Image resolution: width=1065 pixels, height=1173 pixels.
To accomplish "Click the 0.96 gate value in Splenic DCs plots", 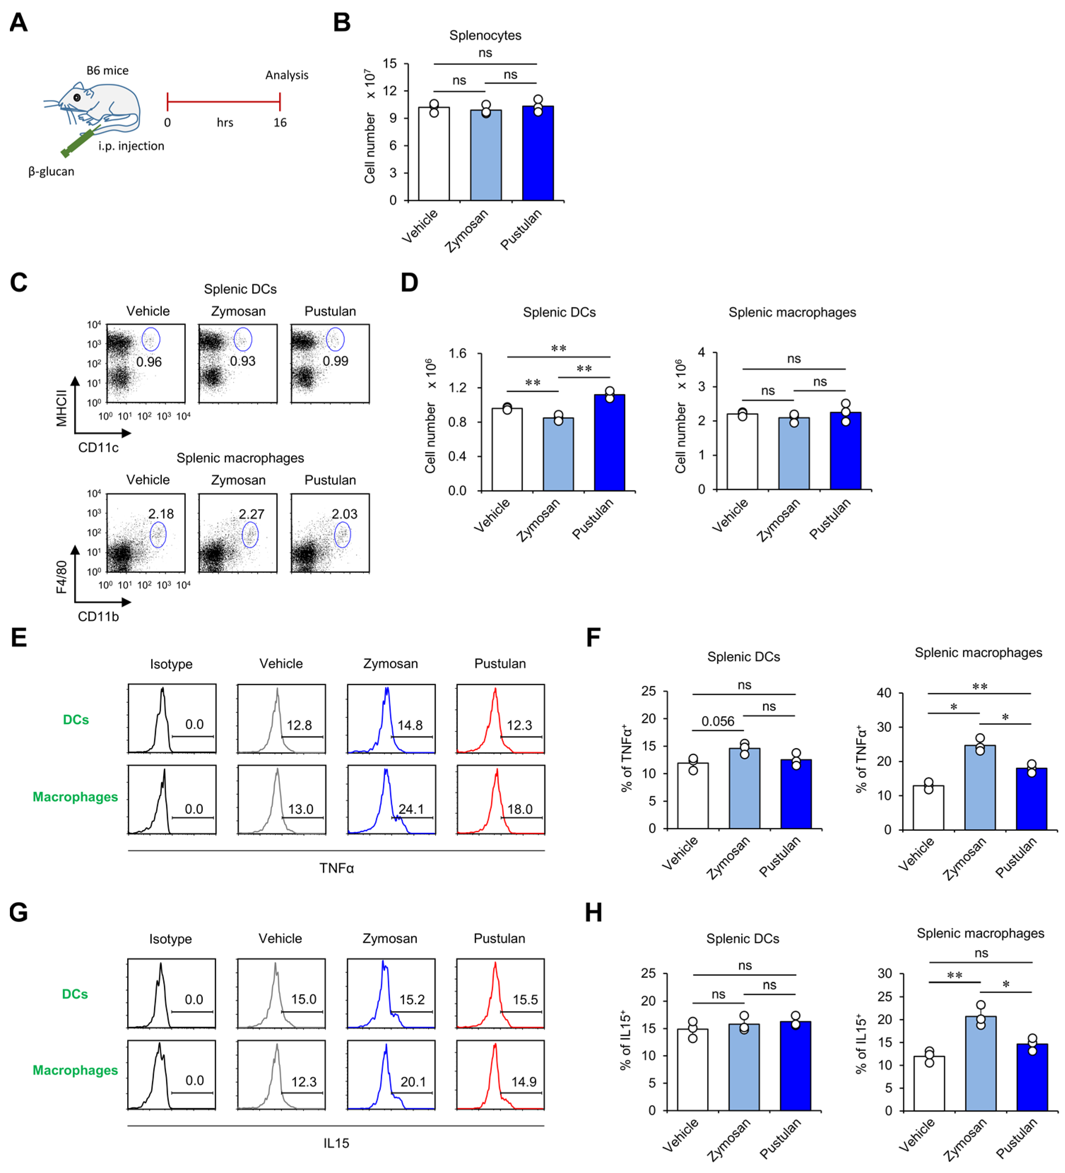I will pyautogui.click(x=149, y=362).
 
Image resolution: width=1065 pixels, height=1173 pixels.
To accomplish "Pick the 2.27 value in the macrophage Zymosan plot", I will pyautogui.click(x=252, y=514).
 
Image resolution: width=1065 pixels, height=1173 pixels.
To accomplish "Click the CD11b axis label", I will pyautogui.click(x=98, y=617).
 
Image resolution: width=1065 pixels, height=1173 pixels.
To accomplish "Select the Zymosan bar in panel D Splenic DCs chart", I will pyautogui.click(x=558, y=454).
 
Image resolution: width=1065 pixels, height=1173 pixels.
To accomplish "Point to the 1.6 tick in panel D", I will pyautogui.click(x=457, y=353).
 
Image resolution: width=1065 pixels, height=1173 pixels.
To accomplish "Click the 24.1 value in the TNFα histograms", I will pyautogui.click(x=411, y=809).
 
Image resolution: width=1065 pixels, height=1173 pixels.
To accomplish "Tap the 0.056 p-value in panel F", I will pyautogui.click(x=717, y=722).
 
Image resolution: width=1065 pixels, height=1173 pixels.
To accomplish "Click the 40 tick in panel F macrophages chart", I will pyautogui.click(x=884, y=693).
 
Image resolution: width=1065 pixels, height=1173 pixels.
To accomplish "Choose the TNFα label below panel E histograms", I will pyautogui.click(x=336, y=868).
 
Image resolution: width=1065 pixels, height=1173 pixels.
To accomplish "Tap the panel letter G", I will pyautogui.click(x=19, y=912).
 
